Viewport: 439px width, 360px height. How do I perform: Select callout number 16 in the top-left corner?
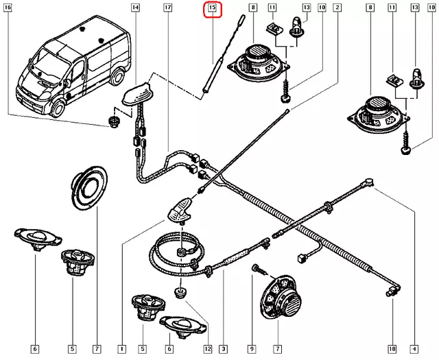coord(9,8)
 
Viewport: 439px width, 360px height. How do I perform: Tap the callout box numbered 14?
coord(134,8)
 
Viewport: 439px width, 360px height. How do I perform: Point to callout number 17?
coord(168,8)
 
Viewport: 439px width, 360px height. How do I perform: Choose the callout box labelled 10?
coord(322,8)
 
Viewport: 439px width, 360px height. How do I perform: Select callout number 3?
coord(224,349)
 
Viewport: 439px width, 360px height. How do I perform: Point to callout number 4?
coord(414,349)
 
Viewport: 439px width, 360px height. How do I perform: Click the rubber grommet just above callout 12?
coord(181,293)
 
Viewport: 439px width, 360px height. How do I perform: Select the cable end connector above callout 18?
coord(390,293)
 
